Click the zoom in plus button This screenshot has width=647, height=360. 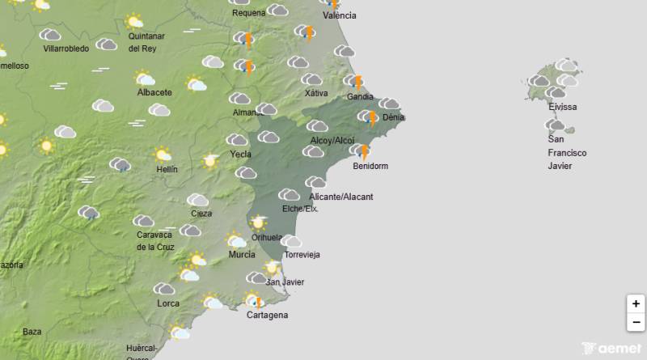pos(636,304)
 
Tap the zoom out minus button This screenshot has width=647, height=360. pos(636,322)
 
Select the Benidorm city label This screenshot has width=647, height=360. pos(371,167)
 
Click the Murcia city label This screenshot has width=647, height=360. pos(242,255)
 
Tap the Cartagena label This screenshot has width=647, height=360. pos(267,316)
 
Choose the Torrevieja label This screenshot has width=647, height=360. pos(302,255)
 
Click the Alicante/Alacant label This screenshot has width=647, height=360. pos(341,197)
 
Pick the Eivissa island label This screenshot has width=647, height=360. pos(562,107)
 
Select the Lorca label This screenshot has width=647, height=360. pos(169,304)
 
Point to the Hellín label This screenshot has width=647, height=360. pos(167,170)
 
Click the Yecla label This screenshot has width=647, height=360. pos(240,154)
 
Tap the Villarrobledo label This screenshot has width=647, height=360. pos(66,49)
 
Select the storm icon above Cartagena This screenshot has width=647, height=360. pos(257,302)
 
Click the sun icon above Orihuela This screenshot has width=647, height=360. pos(258,222)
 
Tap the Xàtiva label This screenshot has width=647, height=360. pos(316,93)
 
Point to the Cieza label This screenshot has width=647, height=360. pos(201,214)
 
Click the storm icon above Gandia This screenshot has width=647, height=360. pos(356,81)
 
